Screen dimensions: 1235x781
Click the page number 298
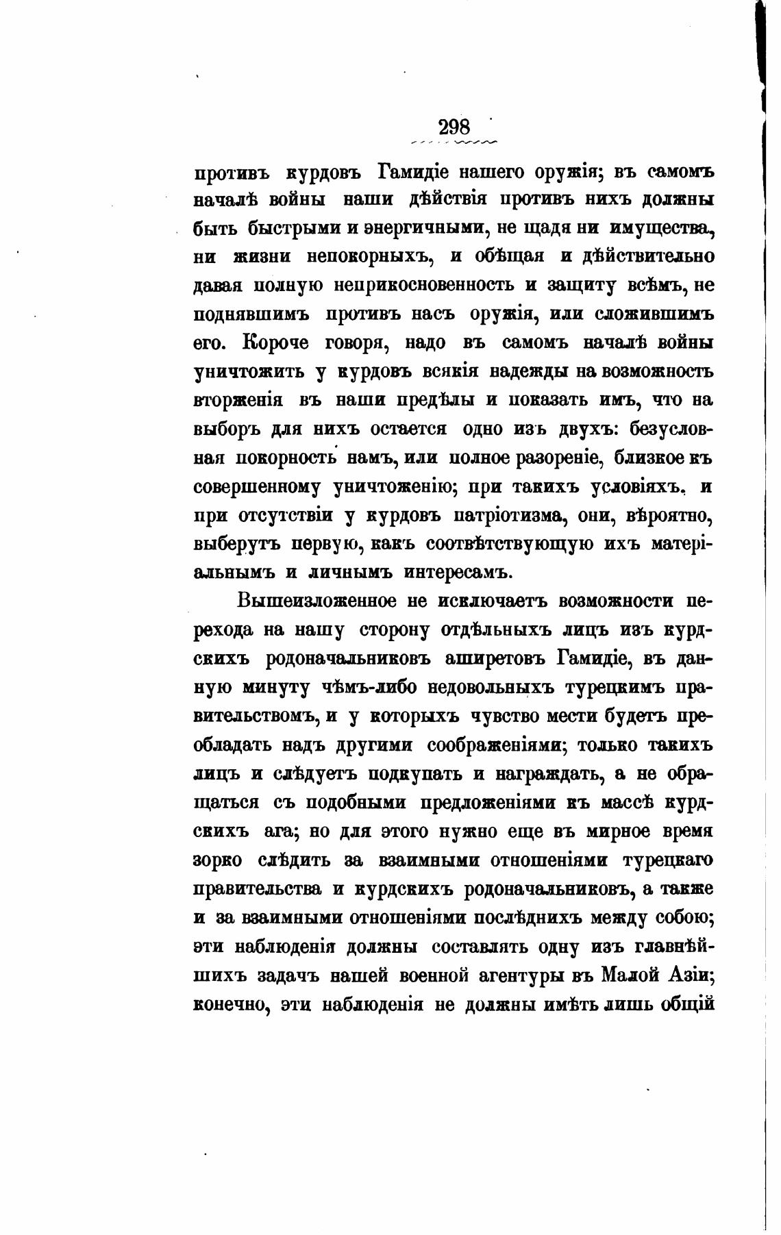[454, 127]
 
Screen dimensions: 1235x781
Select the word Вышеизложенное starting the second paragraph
[317, 601]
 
